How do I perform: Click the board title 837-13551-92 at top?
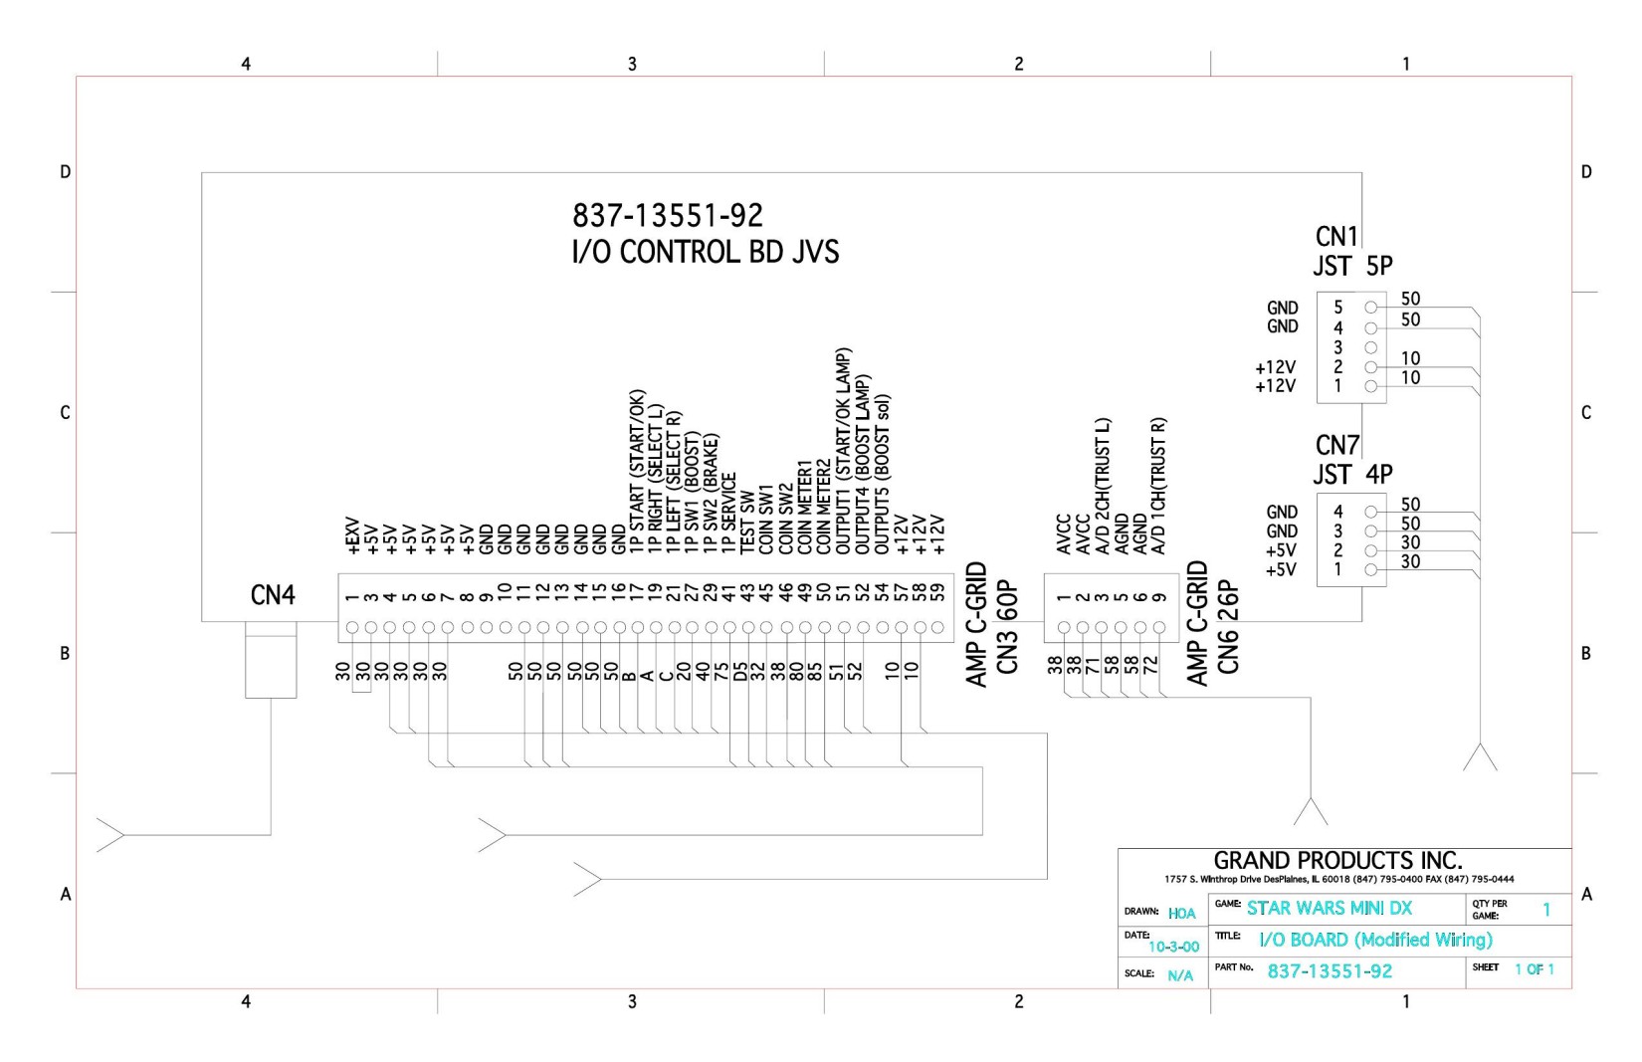point(667,215)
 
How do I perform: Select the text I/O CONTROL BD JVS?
point(705,252)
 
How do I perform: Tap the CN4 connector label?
point(273,595)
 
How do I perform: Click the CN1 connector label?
point(1336,237)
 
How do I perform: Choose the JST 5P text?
point(1352,266)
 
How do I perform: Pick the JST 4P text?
point(1352,474)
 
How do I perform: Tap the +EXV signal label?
point(352,535)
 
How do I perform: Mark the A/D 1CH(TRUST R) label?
point(1157,486)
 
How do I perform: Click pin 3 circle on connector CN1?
point(1370,347)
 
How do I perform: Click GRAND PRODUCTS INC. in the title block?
point(1337,860)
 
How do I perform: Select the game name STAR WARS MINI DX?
point(1330,908)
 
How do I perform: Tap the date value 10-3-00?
point(1174,947)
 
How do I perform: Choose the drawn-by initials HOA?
point(1182,914)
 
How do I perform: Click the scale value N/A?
point(1180,975)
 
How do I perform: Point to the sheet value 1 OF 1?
point(1535,968)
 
